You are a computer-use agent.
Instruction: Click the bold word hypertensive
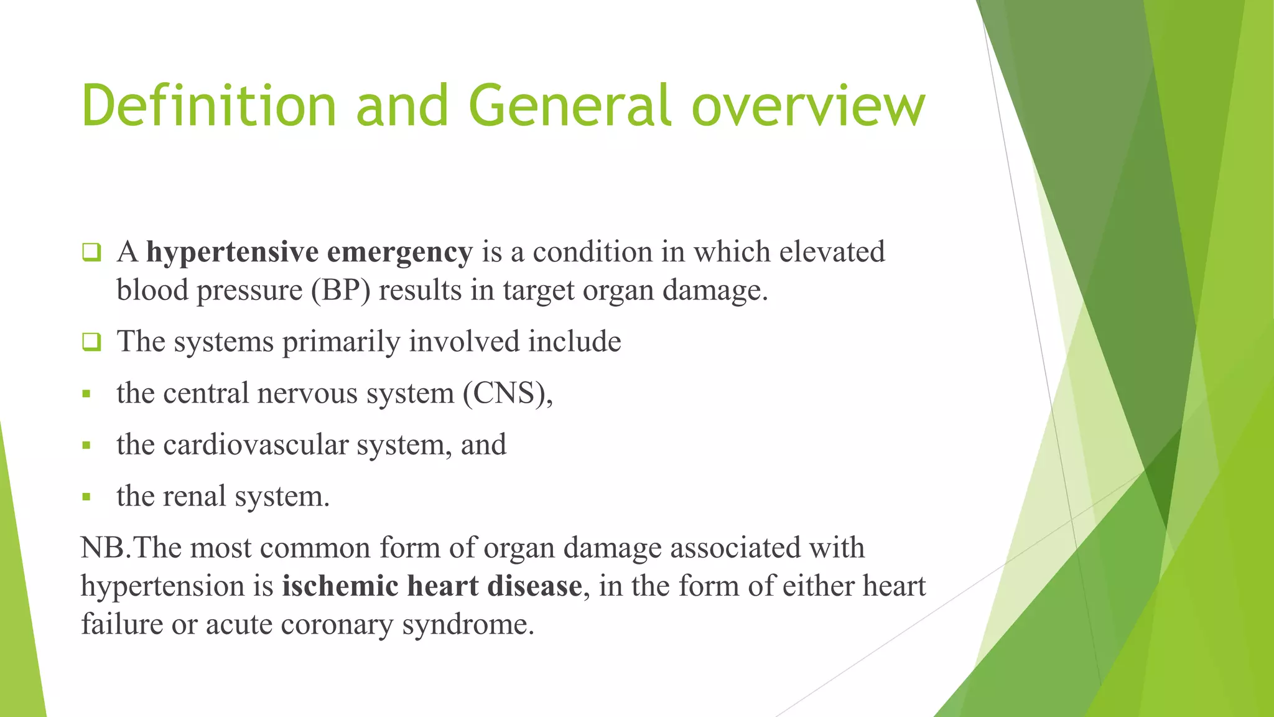tap(232, 253)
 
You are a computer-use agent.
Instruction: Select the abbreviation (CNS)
tap(507, 393)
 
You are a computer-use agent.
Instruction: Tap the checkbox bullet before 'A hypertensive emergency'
tap(91, 252)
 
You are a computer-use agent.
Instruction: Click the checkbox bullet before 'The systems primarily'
tap(91, 342)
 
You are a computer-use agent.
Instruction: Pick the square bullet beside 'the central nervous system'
tap(86, 394)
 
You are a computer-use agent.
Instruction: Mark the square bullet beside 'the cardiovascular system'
tap(86, 446)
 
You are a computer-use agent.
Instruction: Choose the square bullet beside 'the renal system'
tap(86, 497)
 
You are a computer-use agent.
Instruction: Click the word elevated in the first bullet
tap(832, 252)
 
